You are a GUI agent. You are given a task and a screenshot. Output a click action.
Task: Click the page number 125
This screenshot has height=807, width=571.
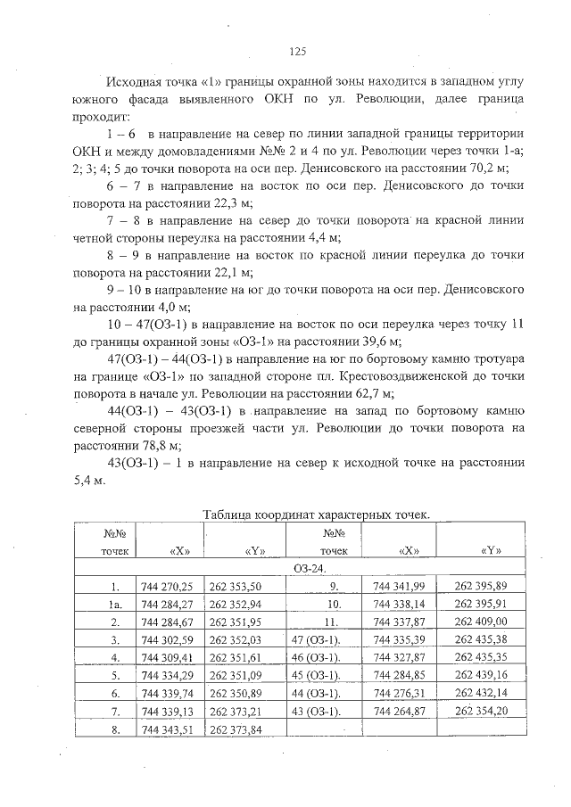click(298, 52)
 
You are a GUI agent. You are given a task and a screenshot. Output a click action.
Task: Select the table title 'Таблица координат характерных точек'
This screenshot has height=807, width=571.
click(316, 515)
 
